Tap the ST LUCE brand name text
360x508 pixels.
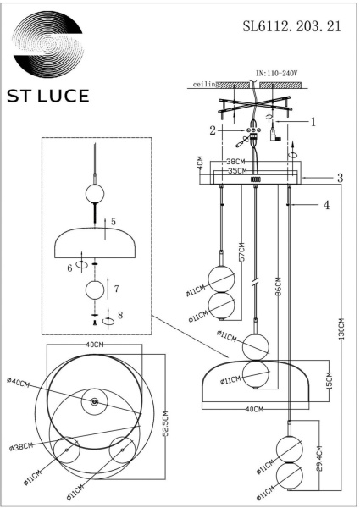48,96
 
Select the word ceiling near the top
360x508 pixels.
206,85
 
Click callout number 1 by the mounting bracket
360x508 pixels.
313,121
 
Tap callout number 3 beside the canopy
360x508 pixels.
340,178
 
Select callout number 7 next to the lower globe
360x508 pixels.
117,290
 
